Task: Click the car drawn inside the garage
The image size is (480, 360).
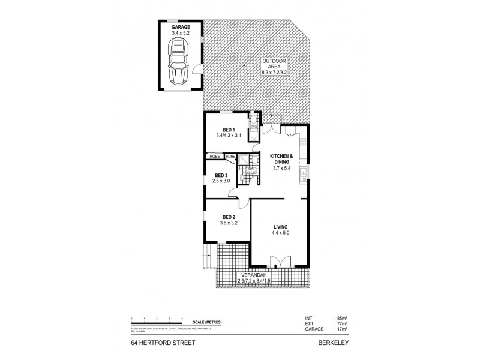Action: coord(179,63)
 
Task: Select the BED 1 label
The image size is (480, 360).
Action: coord(228,130)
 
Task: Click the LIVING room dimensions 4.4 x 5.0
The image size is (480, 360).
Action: coord(281,233)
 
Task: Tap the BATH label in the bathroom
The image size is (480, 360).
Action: coord(243,169)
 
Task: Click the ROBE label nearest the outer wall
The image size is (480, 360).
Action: coord(214,156)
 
